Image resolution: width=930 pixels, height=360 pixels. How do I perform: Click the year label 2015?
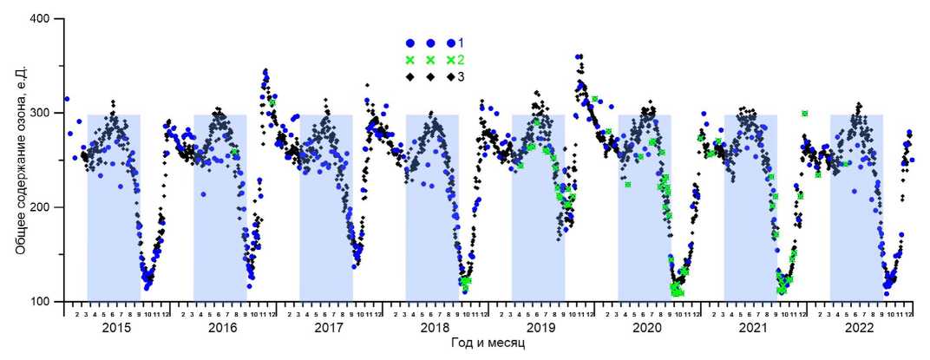tap(116, 329)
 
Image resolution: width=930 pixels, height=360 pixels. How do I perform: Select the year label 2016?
tap(223, 329)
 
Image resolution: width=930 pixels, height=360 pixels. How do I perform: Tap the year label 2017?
tap(329, 329)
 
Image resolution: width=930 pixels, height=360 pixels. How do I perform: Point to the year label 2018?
tap(435, 329)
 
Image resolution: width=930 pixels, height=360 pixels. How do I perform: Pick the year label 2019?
tap(541, 329)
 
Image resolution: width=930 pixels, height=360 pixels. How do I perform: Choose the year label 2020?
tap(647, 329)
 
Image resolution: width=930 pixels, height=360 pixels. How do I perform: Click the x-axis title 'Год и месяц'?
tap(488, 344)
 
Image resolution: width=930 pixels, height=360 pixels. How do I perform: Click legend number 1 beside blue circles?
tap(462, 43)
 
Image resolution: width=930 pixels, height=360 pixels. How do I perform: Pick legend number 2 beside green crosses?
tap(462, 60)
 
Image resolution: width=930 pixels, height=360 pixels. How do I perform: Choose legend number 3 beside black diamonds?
tap(462, 77)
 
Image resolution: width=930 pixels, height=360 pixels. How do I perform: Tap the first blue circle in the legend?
tap(409, 43)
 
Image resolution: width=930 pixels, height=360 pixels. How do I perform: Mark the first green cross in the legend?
tap(409, 60)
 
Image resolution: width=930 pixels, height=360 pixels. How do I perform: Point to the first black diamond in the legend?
tap(409, 77)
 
